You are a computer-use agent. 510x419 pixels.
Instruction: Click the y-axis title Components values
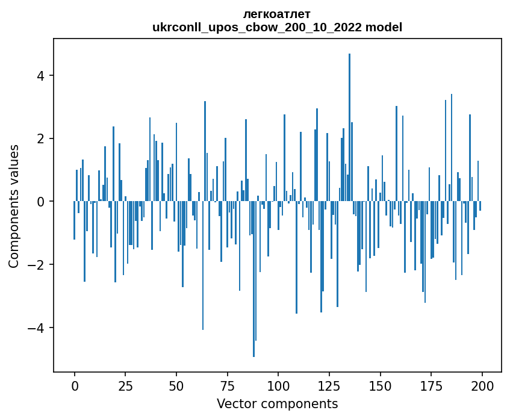click(x=14, y=206)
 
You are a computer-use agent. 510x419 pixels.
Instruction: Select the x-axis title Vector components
click(x=277, y=403)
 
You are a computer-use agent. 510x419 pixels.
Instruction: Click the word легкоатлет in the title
click(x=277, y=14)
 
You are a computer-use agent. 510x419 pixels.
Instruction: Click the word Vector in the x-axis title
click(x=234, y=403)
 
